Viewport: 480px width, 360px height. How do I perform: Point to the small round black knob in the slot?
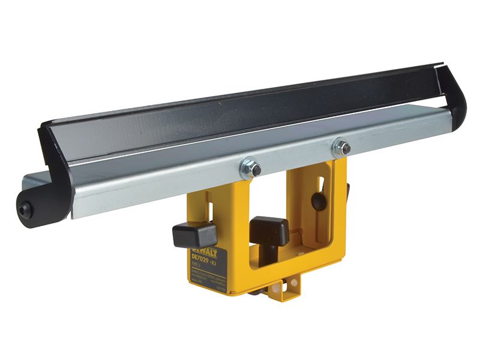click(319, 201)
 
